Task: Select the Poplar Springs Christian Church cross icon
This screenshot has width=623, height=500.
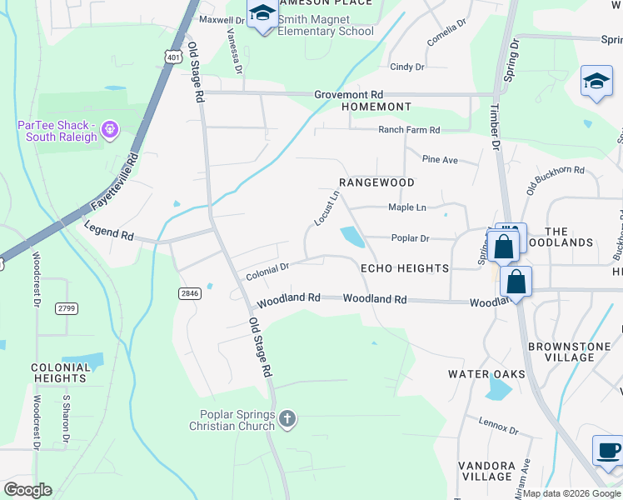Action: tap(287, 419)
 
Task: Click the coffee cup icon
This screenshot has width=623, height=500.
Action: tap(607, 451)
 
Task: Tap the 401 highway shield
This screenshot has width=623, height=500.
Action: tap(172, 56)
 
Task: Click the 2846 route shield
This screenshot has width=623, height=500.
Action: tap(190, 292)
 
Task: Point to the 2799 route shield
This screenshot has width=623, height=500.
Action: tap(67, 308)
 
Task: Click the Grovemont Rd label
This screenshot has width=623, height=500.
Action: tap(348, 95)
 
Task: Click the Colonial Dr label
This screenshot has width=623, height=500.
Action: tap(267, 271)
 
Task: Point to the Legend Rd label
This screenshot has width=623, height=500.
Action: tap(106, 236)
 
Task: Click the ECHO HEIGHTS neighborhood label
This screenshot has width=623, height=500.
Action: tap(404, 268)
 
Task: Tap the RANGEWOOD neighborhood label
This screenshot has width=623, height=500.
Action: tap(376, 182)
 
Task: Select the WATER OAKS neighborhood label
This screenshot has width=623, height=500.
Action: tap(486, 374)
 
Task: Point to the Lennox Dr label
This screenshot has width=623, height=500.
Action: tap(498, 426)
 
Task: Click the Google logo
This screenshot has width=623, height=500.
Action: tap(27, 490)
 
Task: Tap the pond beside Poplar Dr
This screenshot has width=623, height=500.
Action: tap(352, 237)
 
